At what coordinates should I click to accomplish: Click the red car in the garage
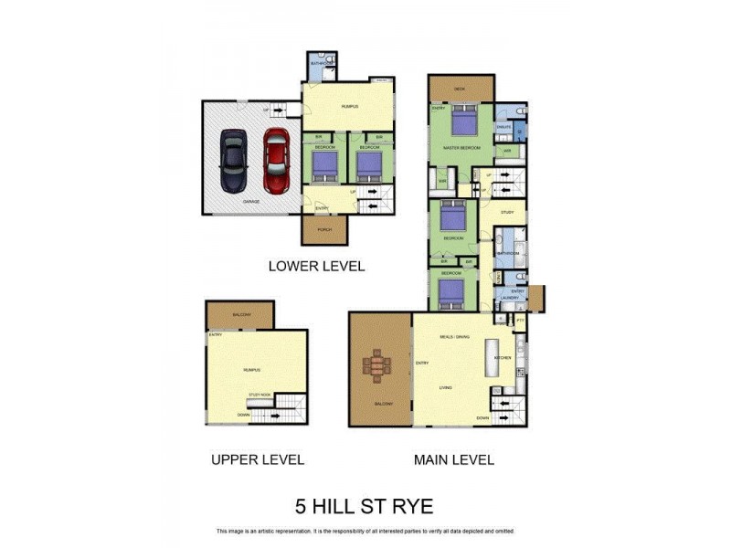point(277,156)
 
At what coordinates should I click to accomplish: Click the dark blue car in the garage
point(233,157)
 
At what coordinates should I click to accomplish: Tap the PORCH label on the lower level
point(324,230)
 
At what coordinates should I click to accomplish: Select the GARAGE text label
point(250,201)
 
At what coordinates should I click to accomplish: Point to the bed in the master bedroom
point(463,122)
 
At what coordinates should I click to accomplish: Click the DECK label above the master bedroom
point(460,89)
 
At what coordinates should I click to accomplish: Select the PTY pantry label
point(520,321)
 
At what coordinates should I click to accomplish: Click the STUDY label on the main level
point(507,212)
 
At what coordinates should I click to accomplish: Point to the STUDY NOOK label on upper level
point(260,395)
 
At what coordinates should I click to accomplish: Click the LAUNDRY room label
point(510,298)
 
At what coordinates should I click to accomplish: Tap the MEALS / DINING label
point(453,337)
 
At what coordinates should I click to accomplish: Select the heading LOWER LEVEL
point(316,267)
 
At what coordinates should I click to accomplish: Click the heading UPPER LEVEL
point(257,459)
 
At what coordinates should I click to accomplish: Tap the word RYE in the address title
point(413,505)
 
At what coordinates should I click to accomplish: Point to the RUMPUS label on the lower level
point(350,107)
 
